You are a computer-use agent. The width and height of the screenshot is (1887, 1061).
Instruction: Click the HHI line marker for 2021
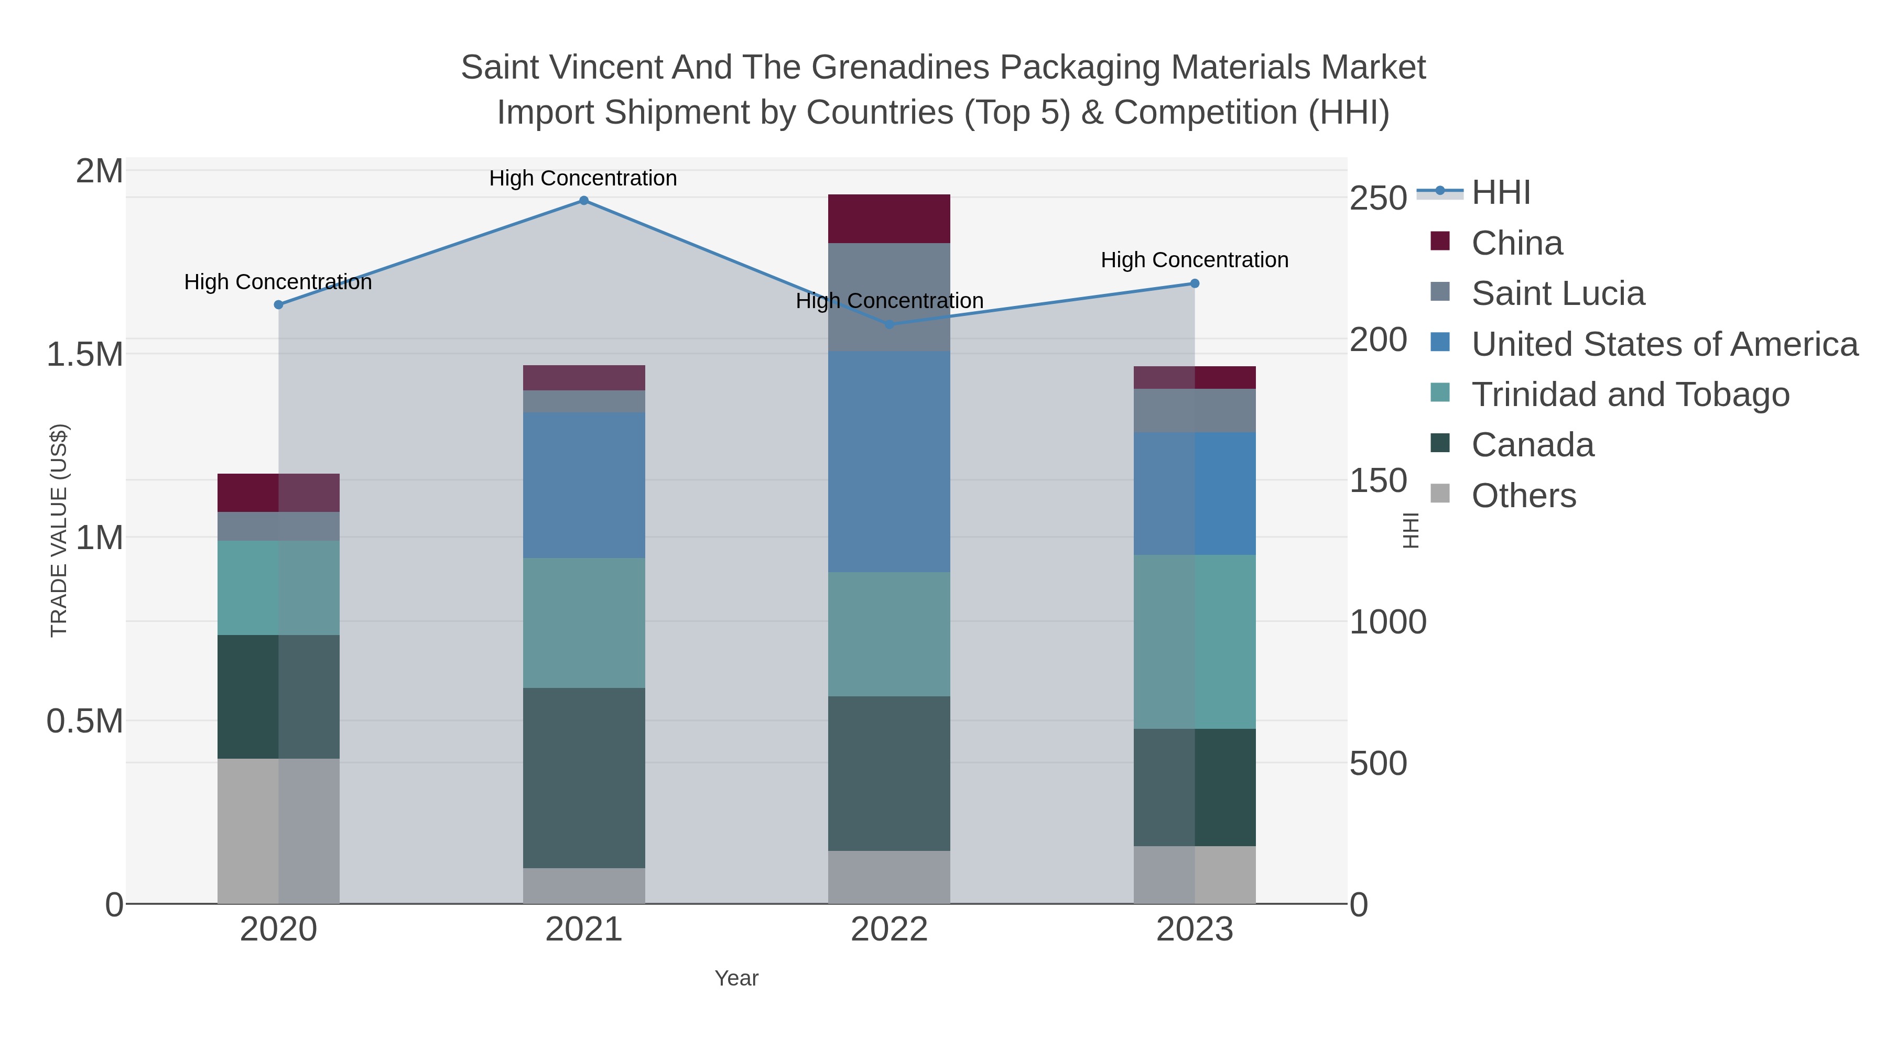(583, 201)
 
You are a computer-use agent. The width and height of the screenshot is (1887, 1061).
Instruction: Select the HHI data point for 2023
(1194, 283)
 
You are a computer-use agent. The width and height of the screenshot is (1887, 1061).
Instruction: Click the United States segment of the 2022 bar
(888, 461)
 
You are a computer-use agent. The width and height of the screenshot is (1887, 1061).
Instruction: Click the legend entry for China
(1516, 243)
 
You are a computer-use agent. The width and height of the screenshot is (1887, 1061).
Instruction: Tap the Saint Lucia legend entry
(1557, 293)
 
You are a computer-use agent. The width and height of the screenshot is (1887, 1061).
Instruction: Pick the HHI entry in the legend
(1500, 193)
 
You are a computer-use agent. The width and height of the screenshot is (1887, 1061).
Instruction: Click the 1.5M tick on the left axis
(84, 354)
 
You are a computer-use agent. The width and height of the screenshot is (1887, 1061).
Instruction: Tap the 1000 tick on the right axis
(1387, 622)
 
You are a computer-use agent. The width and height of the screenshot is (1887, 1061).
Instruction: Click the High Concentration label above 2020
(278, 282)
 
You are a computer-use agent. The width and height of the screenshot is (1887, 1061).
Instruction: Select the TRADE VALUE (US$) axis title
(59, 530)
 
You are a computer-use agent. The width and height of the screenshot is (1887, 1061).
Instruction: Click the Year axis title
(736, 978)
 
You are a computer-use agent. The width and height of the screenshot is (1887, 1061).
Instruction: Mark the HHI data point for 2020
(278, 304)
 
